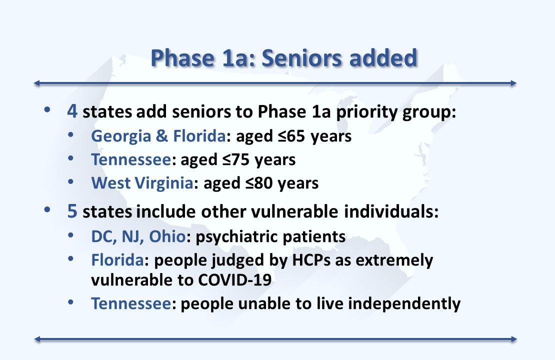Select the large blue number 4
pos(72,111)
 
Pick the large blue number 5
pos(72,211)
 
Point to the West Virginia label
pos(141,183)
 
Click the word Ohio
pos(167,236)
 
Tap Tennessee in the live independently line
pos(131,303)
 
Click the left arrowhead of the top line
pos(37,83)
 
